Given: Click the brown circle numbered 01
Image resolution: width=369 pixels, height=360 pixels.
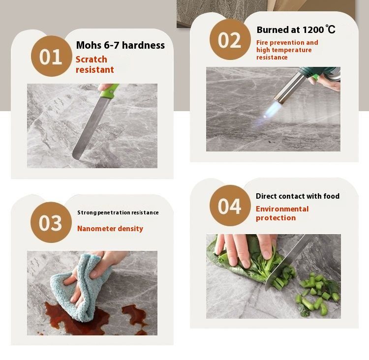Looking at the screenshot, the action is coord(51,56).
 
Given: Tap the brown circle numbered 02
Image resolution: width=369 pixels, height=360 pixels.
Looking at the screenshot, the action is coord(230,39).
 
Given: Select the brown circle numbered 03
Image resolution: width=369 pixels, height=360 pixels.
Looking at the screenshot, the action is coord(51,222).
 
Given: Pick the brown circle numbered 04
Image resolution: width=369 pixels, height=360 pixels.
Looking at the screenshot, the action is coord(230,206).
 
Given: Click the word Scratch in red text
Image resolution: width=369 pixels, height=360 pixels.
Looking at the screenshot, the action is coord(92,60).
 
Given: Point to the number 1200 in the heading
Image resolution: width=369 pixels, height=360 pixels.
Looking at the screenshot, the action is coord(313,30).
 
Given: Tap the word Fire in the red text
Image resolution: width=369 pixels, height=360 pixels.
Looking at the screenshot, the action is coord(262,43).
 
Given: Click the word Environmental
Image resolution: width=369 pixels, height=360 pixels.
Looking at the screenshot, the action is coord(282,209).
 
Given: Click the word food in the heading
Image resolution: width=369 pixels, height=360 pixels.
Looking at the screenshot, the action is coord(331,196).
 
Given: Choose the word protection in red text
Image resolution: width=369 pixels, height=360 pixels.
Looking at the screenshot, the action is coord(276,218).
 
